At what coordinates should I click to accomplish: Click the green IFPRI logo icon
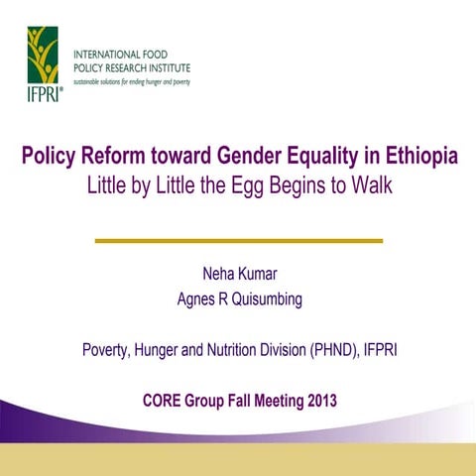click(43, 56)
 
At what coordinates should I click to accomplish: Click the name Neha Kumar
click(238, 274)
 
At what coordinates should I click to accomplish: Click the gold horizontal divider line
click(238, 240)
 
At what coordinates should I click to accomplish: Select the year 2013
click(316, 402)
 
